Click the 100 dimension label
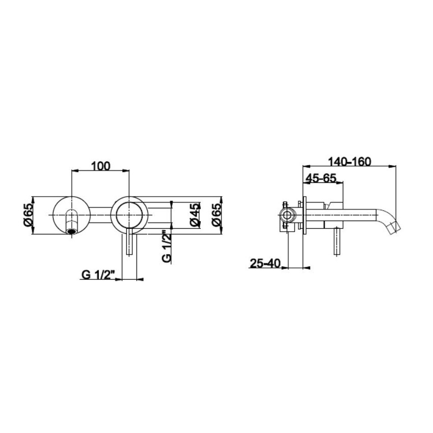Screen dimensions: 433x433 click(101, 166)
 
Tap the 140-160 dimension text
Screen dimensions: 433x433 click(349, 162)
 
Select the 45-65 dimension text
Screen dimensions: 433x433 click(320, 178)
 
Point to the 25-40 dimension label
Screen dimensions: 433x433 click(265, 263)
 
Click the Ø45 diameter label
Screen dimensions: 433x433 click(195, 215)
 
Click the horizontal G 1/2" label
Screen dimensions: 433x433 click(98, 275)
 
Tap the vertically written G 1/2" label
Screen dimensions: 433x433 click(166, 246)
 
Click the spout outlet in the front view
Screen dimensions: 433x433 click(72, 231)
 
